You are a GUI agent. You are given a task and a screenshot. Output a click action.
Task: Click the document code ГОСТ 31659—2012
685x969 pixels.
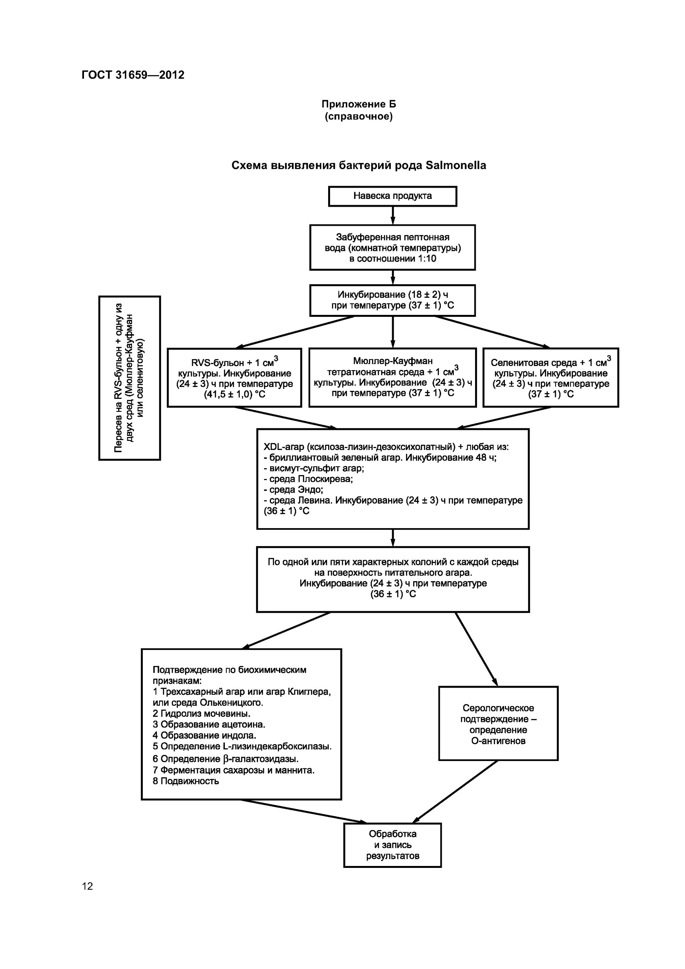coord(133,75)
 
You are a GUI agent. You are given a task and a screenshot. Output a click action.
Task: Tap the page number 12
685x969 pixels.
coord(88,886)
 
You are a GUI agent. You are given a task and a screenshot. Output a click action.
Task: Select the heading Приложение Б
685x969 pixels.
coord(358,104)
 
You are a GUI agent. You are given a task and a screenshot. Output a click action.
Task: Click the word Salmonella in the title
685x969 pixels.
coord(456,165)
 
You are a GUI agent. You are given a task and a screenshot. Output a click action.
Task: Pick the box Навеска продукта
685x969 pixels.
coord(392,196)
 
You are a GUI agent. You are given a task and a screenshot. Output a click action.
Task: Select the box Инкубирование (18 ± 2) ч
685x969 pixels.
coord(392,300)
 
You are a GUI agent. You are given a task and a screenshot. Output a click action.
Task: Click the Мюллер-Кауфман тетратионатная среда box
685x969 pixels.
coord(392,377)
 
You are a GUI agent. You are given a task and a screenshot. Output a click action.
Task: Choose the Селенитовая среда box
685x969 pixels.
coord(550,377)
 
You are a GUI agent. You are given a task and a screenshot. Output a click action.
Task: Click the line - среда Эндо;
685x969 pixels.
coord(293,490)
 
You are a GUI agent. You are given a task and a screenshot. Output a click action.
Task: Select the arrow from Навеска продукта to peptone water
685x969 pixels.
coord(392,215)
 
